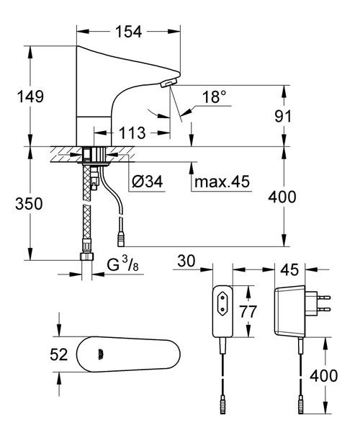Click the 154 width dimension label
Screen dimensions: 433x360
click(129, 31)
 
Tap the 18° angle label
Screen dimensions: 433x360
click(213, 96)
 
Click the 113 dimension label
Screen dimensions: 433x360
click(131, 133)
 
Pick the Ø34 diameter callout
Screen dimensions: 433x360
click(148, 182)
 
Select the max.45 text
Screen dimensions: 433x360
click(221, 182)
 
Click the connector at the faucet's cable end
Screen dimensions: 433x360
click(120, 236)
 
